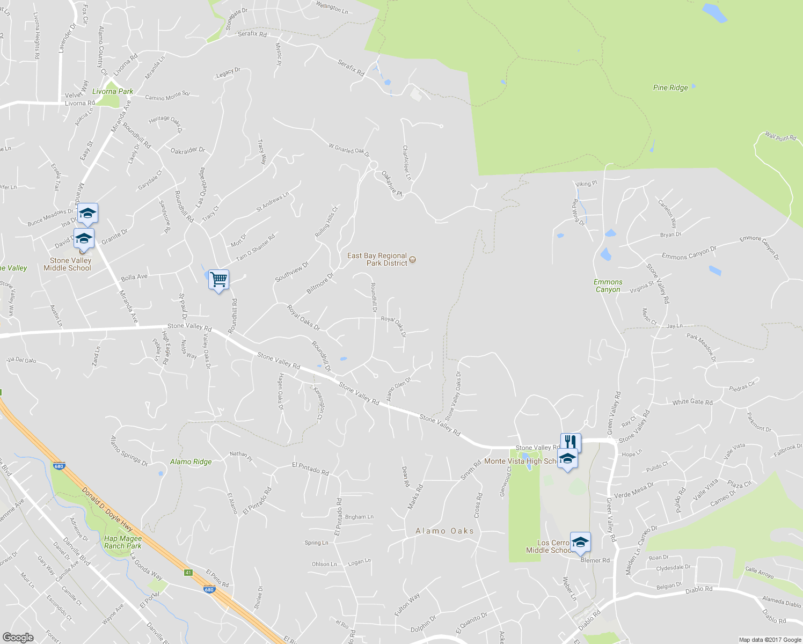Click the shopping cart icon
coord(218,280)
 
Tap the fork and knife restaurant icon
coord(571,442)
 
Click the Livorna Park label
coord(113,91)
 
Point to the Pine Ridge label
coord(670,87)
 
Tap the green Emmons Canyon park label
coord(608,286)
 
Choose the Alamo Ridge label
coord(191,462)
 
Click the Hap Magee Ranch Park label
coord(123,542)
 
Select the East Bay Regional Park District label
coord(377,259)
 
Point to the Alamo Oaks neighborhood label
coord(445,531)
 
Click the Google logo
coord(18,637)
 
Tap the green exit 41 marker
coord(188,573)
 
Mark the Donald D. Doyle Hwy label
coord(107,509)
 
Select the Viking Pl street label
coord(586,184)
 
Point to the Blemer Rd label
coord(595,560)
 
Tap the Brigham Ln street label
coord(359,517)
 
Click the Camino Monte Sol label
coord(167,96)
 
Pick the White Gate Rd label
coord(692,402)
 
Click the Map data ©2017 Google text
coord(770,640)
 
